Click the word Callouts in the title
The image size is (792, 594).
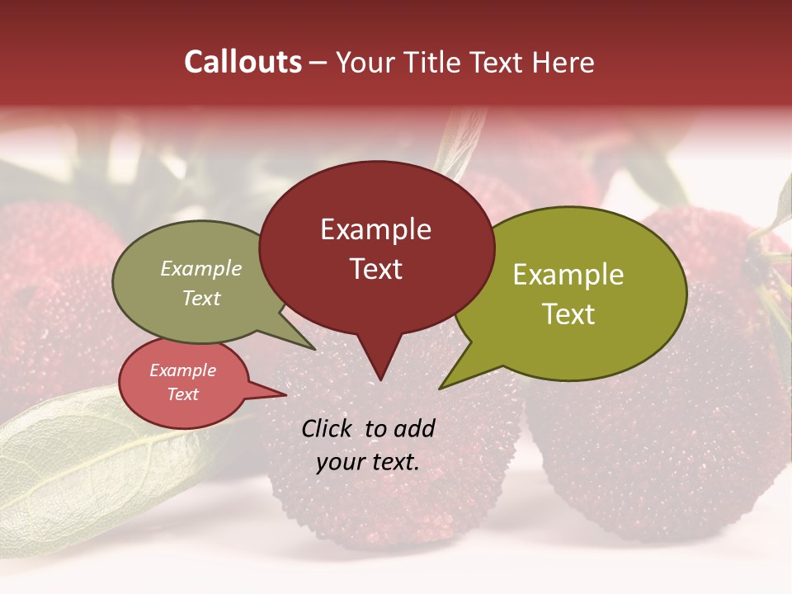(x=243, y=62)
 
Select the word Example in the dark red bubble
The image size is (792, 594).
(x=375, y=229)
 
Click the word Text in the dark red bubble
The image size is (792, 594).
(x=375, y=269)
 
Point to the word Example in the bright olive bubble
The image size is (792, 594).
(x=568, y=275)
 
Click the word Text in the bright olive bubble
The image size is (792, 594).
(x=568, y=314)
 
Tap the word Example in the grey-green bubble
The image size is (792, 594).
(x=201, y=269)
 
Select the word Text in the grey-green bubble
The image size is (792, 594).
(x=201, y=298)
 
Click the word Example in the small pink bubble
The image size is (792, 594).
(x=182, y=370)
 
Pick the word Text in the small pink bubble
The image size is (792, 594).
(x=182, y=394)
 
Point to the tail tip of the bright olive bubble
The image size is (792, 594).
(x=442, y=386)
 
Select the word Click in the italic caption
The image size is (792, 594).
(x=328, y=428)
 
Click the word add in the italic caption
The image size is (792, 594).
(x=414, y=428)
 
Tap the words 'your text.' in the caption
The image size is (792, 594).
(x=368, y=462)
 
